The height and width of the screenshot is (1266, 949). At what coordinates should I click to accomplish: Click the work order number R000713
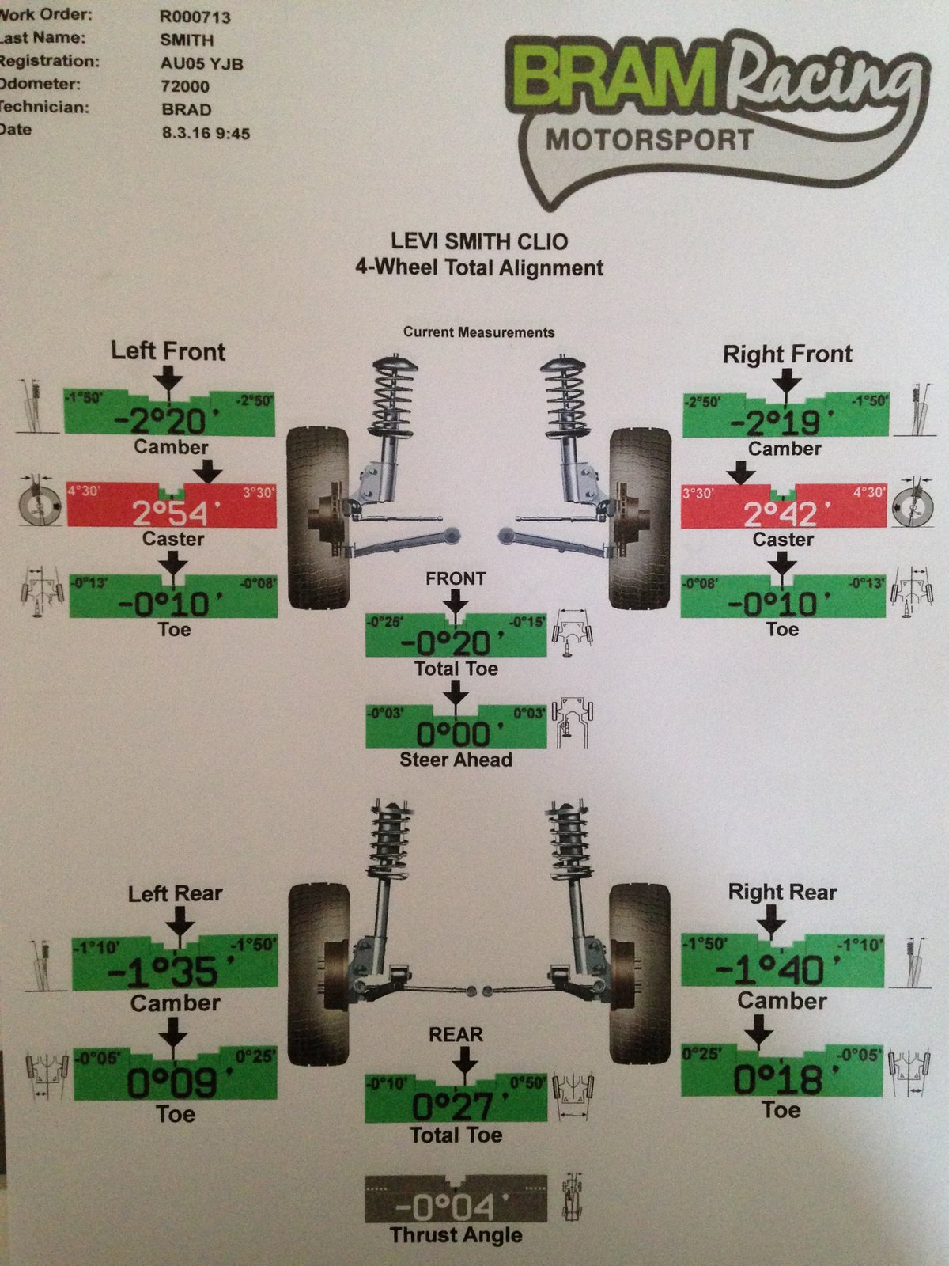point(195,17)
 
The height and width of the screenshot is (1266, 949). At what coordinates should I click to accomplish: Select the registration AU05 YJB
point(201,63)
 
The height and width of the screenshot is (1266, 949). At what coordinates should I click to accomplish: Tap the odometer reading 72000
point(185,86)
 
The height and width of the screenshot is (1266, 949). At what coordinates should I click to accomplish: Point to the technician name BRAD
point(186,109)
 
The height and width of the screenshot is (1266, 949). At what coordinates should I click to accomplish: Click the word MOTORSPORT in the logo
point(648,140)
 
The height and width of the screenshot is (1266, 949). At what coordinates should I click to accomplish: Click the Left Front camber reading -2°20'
point(160,420)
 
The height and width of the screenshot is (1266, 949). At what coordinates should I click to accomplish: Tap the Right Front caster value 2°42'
point(781,514)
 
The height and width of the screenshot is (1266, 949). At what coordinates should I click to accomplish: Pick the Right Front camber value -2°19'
point(775,423)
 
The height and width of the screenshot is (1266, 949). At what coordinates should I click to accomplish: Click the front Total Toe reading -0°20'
point(447,641)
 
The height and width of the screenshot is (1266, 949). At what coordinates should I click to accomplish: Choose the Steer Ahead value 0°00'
point(453,733)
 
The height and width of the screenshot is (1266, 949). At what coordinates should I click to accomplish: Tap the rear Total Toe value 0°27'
point(453,1105)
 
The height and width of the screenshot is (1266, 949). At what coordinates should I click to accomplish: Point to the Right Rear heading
point(782,893)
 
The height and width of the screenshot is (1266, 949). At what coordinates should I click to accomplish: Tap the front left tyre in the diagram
point(318,518)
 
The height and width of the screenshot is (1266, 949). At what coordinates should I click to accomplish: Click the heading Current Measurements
point(478,332)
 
